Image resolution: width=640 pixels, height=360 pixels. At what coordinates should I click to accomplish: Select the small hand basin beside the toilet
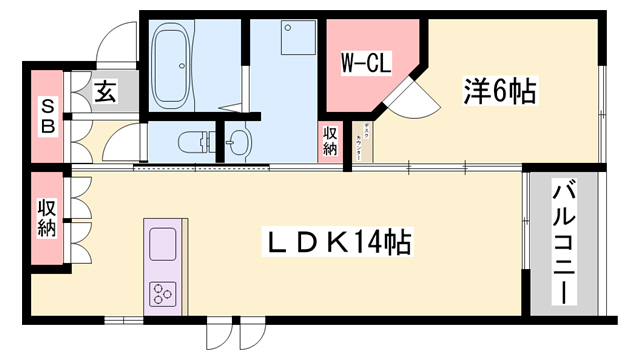tap(238, 141)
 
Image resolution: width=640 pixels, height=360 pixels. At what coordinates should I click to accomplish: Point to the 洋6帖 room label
tap(499, 92)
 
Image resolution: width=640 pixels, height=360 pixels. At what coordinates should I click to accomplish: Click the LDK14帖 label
tap(338, 243)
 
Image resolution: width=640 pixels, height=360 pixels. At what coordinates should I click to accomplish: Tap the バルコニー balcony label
tap(563, 242)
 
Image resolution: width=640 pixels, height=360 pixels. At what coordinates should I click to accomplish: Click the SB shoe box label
tap(46, 118)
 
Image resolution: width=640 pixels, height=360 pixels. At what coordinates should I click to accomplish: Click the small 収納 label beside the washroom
tap(330, 140)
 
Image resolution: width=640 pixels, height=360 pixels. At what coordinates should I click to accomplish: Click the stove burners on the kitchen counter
tap(162, 293)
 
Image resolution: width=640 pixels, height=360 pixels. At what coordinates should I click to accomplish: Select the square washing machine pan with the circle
tap(297, 41)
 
